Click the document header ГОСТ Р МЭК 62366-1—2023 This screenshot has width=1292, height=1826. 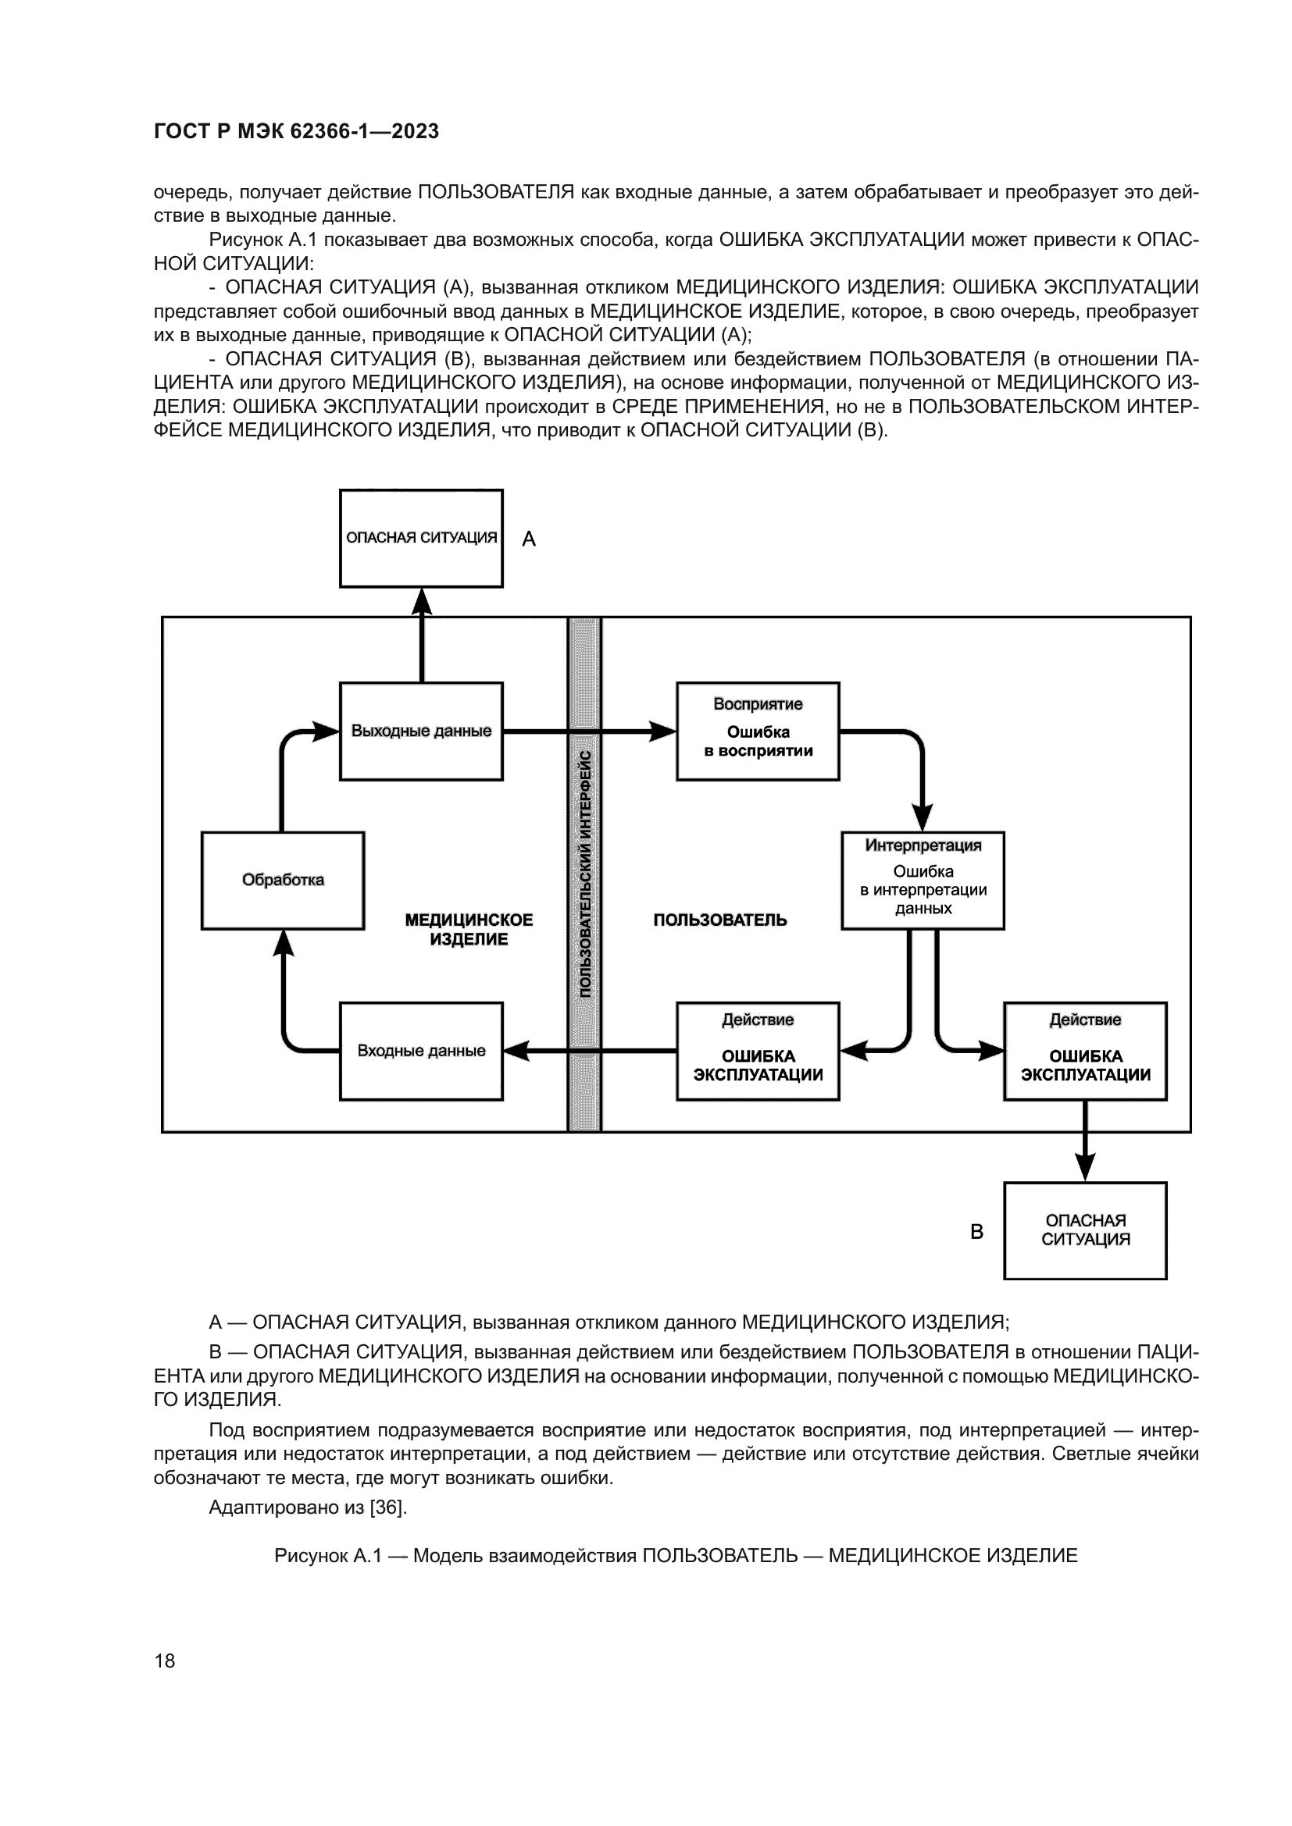pos(296,131)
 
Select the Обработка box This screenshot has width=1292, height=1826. pos(283,881)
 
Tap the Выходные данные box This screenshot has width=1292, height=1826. pos(421,731)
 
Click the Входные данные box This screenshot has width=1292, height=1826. pos(421,1051)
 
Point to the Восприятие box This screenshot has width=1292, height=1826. pos(758,731)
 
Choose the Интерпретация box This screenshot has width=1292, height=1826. pos(923,881)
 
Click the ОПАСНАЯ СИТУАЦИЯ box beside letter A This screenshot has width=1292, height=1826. pos(421,539)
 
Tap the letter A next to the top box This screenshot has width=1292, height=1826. pos(528,540)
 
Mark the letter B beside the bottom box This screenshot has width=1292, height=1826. pos(977,1232)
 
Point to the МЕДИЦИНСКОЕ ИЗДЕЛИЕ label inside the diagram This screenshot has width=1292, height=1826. pos(469,930)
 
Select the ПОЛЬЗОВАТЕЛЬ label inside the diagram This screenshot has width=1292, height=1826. pos(720,920)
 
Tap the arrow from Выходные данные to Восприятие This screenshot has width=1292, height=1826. pos(589,731)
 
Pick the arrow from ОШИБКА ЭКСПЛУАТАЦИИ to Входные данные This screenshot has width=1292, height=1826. pos(589,1051)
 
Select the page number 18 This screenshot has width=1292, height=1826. pos(165,1660)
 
